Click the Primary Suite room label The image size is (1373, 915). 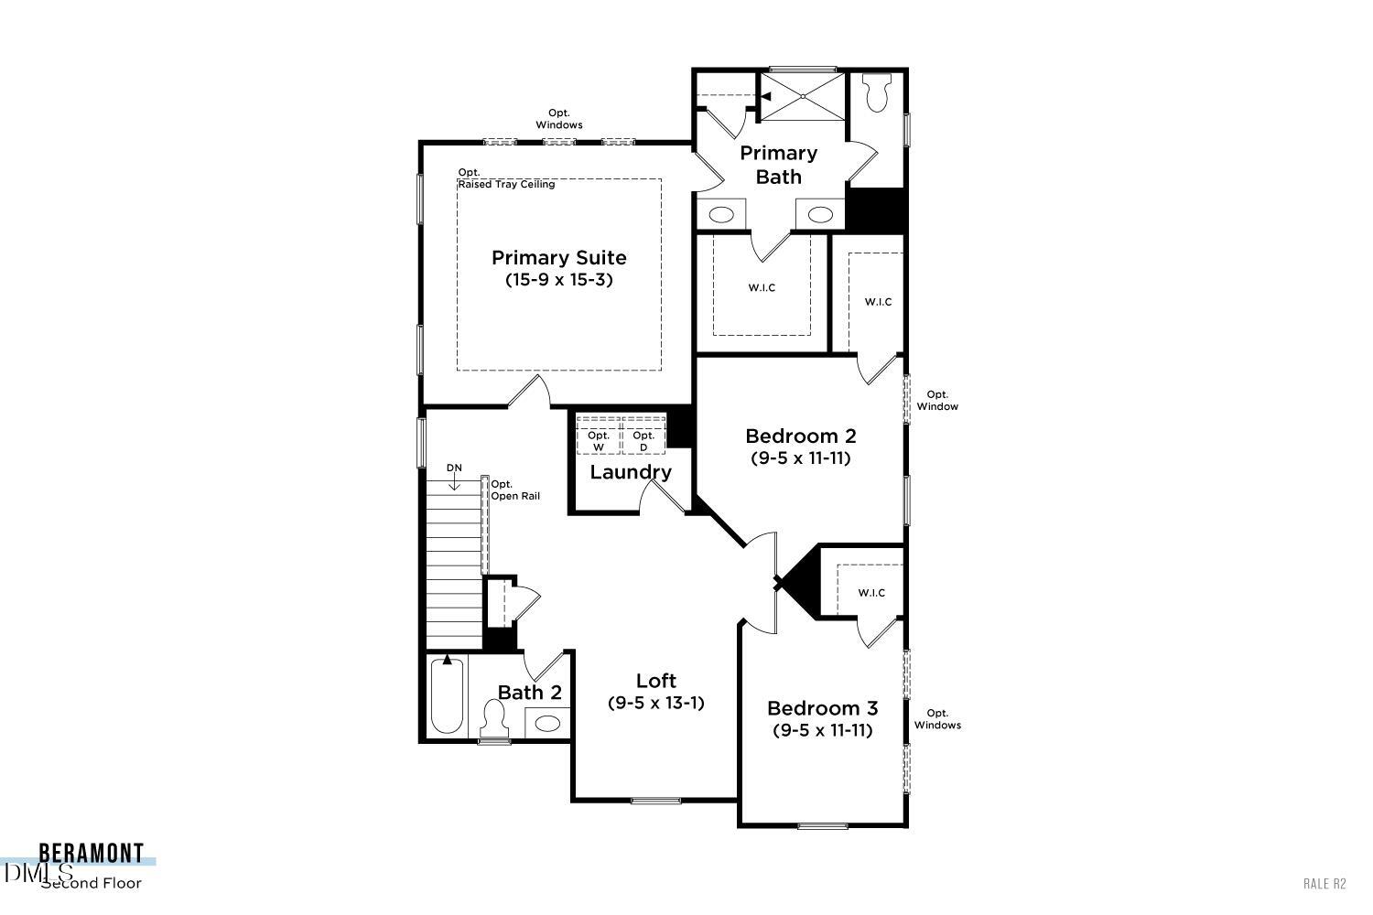(558, 258)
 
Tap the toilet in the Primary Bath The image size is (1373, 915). (876, 93)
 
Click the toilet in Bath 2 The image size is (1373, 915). (494, 718)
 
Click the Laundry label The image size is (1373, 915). (630, 472)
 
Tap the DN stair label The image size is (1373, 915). (454, 468)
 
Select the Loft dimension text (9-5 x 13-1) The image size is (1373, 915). (655, 703)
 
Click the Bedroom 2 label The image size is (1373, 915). (800, 436)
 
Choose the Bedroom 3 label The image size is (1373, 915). (822, 708)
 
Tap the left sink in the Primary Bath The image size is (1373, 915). (721, 215)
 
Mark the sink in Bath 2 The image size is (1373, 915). (547, 724)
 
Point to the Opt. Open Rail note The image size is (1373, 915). (515, 490)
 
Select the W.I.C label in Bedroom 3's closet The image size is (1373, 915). (871, 593)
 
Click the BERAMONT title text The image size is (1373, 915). (91, 854)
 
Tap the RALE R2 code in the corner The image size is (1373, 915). (1324, 883)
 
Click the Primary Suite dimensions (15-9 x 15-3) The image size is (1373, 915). (558, 280)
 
